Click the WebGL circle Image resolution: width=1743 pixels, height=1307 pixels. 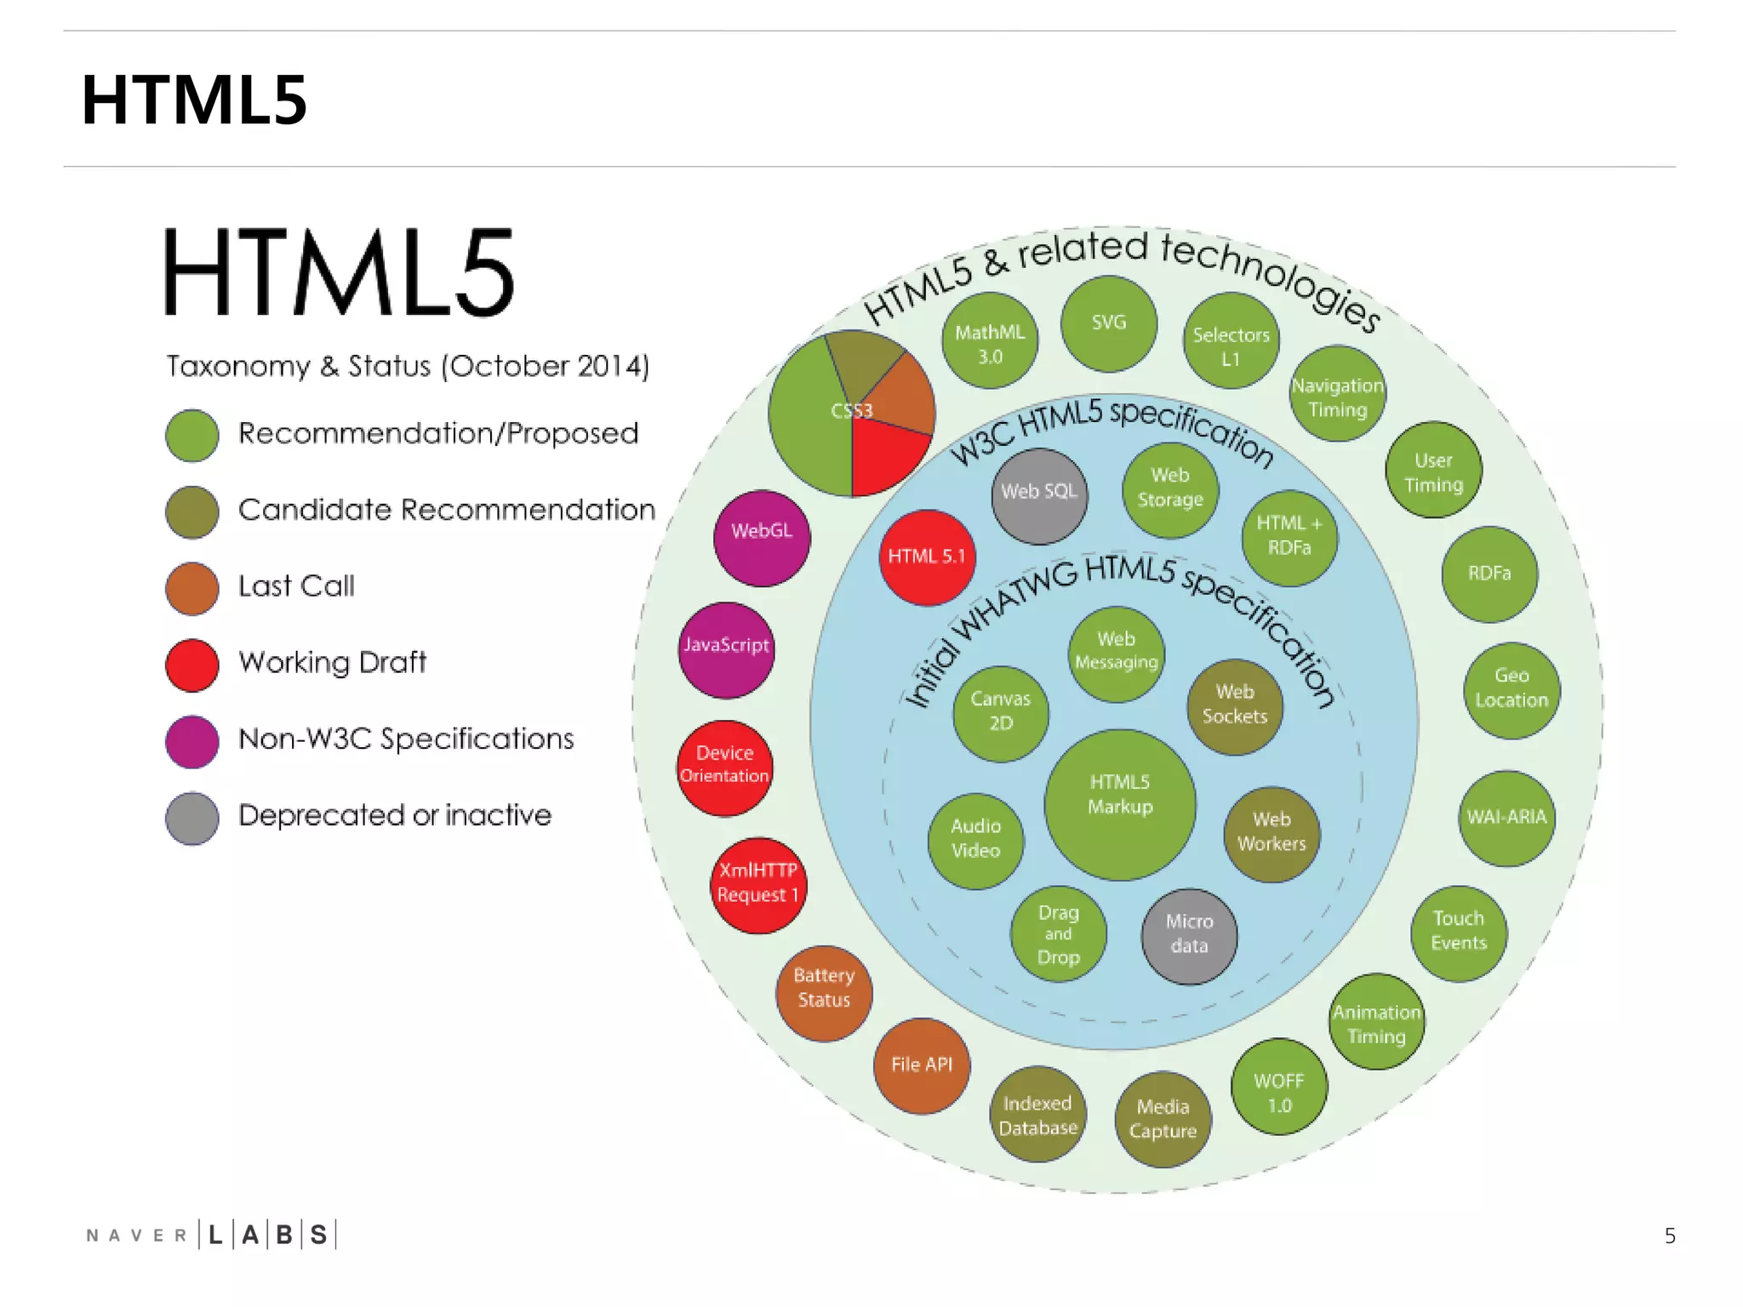click(x=762, y=538)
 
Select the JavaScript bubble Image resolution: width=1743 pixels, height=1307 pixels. click(x=726, y=651)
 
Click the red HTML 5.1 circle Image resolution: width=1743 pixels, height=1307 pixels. click(x=927, y=558)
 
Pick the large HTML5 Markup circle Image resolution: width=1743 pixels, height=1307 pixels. click(x=1120, y=804)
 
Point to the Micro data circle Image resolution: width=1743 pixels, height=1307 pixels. click(x=1189, y=936)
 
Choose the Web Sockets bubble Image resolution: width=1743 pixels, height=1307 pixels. click(x=1235, y=706)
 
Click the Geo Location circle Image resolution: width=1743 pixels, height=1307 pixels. click(x=1512, y=690)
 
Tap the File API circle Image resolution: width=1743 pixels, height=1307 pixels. click(x=922, y=1065)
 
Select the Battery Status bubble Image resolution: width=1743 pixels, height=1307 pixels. click(x=824, y=993)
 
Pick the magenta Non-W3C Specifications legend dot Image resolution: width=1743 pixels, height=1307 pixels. click(x=192, y=742)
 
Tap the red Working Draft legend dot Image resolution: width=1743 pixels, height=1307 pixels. click(x=192, y=665)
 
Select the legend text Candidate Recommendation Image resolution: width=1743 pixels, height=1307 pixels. click(x=447, y=511)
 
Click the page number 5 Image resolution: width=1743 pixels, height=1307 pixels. click(x=1670, y=1236)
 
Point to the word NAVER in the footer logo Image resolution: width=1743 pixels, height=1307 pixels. click(x=136, y=1236)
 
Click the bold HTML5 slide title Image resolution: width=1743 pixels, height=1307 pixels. click(x=194, y=100)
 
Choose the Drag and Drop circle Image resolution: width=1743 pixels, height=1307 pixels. click(x=1059, y=934)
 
